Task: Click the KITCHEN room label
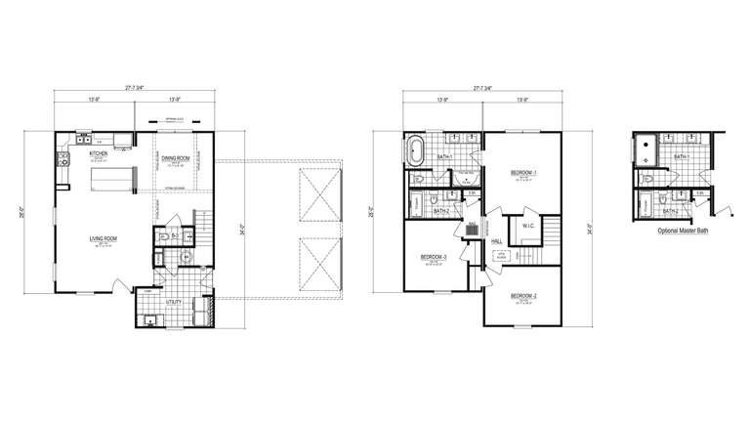99,153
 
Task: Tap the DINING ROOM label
176,157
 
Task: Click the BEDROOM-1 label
524,173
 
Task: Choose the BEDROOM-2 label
522,295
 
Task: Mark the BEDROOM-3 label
433,257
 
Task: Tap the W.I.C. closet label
527,226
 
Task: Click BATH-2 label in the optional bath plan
671,211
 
